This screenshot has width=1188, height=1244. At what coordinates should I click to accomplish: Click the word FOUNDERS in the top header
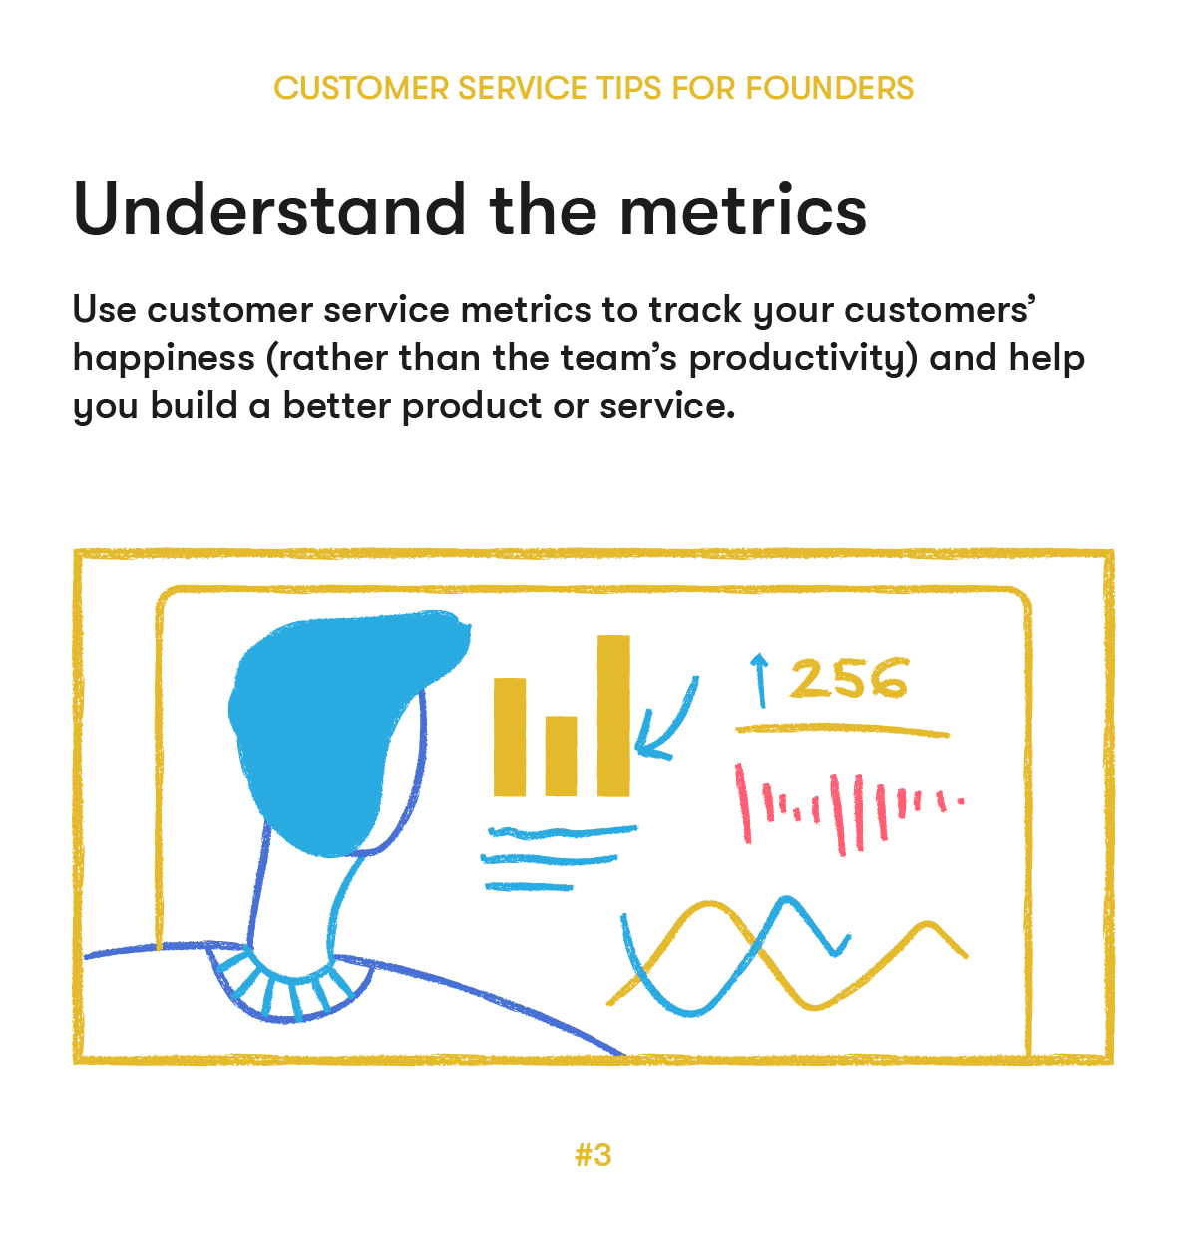829,88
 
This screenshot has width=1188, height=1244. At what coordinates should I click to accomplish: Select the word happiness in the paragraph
164,357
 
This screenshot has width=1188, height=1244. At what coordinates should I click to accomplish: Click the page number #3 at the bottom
594,1155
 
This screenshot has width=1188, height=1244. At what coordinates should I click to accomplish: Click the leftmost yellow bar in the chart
509,737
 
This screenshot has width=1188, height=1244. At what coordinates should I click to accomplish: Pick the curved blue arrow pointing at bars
666,723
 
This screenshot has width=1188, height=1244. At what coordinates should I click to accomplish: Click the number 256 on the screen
849,679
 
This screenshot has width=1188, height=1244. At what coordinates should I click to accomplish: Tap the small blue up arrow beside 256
760,679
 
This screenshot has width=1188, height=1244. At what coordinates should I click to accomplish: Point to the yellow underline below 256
843,731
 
